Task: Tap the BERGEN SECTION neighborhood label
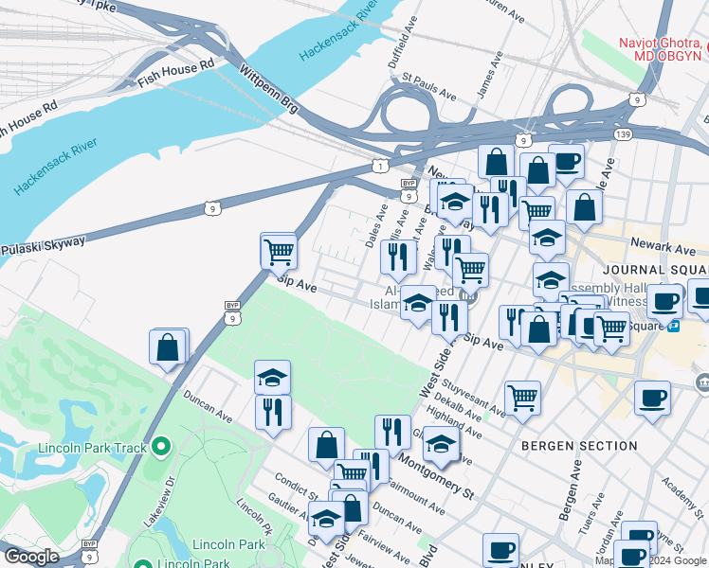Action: pyautogui.click(x=566, y=444)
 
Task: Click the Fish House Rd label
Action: pyautogui.click(x=176, y=68)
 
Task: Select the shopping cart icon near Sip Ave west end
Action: pyautogui.click(x=279, y=251)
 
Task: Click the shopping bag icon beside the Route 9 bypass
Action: pyautogui.click(x=169, y=346)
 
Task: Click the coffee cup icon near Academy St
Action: pyautogui.click(x=652, y=398)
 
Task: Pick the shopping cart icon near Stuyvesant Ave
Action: pyautogui.click(x=522, y=398)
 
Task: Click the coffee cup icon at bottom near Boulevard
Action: pyautogui.click(x=500, y=550)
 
